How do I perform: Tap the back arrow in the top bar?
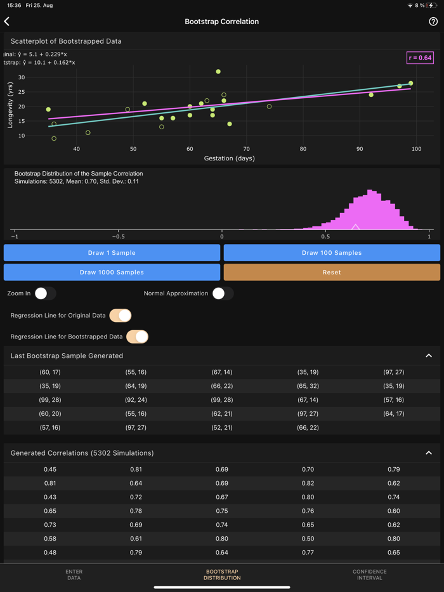pyautogui.click(x=7, y=22)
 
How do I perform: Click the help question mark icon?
pyautogui.click(x=433, y=22)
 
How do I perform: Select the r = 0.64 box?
pyautogui.click(x=420, y=58)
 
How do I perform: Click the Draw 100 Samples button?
pyautogui.click(x=332, y=253)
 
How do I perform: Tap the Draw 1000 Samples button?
pyautogui.click(x=112, y=273)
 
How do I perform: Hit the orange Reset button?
pyautogui.click(x=332, y=273)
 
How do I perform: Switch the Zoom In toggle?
pyautogui.click(x=45, y=293)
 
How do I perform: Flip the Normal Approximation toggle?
pyautogui.click(x=223, y=293)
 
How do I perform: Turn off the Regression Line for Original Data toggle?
pyautogui.click(x=121, y=315)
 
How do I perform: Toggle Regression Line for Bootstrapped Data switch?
pyautogui.click(x=137, y=337)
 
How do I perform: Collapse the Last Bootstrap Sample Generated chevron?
pyautogui.click(x=429, y=356)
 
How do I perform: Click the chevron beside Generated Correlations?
pyautogui.click(x=429, y=453)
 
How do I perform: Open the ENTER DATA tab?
pyautogui.click(x=74, y=574)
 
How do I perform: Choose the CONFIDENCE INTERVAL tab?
pyautogui.click(x=370, y=574)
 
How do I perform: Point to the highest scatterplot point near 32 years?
pyautogui.click(x=218, y=72)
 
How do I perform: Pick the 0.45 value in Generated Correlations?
pyautogui.click(x=50, y=470)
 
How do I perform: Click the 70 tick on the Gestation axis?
pyautogui.click(x=247, y=149)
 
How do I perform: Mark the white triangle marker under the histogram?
pyautogui.click(x=356, y=226)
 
